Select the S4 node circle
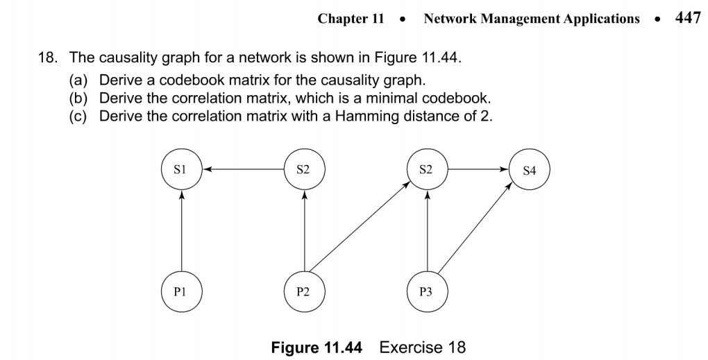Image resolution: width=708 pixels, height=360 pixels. [x=530, y=169]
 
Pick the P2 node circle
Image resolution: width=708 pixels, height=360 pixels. [x=304, y=291]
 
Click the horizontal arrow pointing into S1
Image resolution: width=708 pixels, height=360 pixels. [x=243, y=168]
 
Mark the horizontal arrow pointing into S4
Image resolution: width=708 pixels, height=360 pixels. [x=478, y=169]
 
